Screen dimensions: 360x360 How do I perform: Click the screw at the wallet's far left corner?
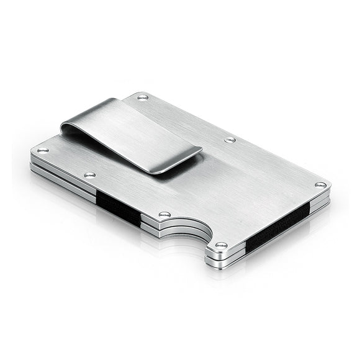(43, 150)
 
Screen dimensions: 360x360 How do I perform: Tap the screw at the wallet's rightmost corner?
(320, 184)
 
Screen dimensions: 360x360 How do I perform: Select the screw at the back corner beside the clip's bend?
(143, 97)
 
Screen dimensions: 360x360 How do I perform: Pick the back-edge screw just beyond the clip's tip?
(230, 140)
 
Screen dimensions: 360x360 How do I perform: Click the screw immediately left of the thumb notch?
(164, 214)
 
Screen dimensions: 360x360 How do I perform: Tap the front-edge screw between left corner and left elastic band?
(90, 175)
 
